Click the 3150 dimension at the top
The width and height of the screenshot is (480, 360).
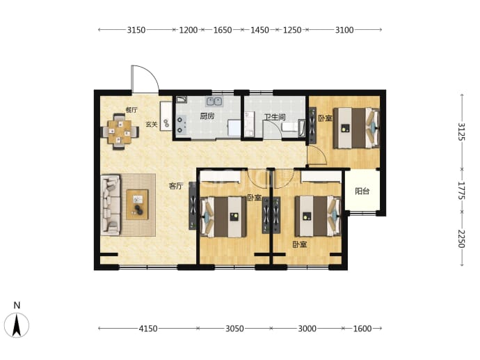pyautogui.click(x=136, y=30)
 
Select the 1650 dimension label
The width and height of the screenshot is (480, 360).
pyautogui.click(x=223, y=30)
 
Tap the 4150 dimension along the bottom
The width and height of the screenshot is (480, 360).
pyautogui.click(x=148, y=329)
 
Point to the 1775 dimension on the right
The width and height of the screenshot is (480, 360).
pyautogui.click(x=462, y=191)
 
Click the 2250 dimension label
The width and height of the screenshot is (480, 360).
pyautogui.click(x=462, y=239)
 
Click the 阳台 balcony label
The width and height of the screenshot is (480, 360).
pyautogui.click(x=362, y=191)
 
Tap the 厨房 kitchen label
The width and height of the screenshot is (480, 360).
pyautogui.click(x=207, y=116)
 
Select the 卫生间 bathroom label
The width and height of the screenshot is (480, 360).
pyautogui.click(x=275, y=117)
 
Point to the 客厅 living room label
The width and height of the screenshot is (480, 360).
pyautogui.click(x=176, y=186)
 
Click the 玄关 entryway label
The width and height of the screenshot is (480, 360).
pyautogui.click(x=151, y=125)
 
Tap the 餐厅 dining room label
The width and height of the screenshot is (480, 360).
pyautogui.click(x=131, y=110)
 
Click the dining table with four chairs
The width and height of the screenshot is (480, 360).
pyautogui.click(x=120, y=132)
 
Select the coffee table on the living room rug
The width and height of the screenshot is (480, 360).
pyautogui.click(x=137, y=204)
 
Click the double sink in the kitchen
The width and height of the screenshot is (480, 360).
pyautogui.click(x=214, y=101)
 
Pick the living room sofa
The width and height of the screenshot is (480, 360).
pyautogui.click(x=111, y=205)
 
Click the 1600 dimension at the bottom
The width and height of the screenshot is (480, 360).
pyautogui.click(x=362, y=329)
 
